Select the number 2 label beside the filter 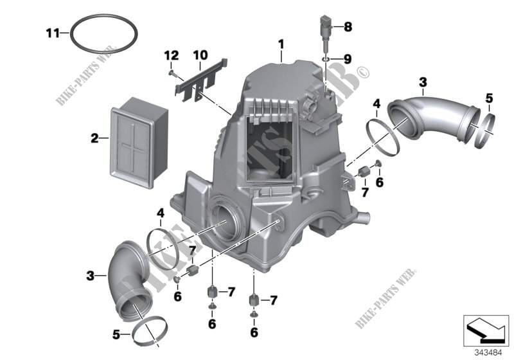pos(94,137)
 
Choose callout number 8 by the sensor pos(348,27)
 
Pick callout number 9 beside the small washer pos(347,59)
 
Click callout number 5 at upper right pos(489,98)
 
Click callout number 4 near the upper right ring pos(377,103)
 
